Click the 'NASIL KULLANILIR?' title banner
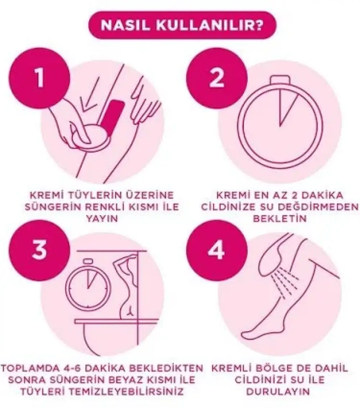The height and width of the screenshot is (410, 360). pyautogui.click(x=182, y=25)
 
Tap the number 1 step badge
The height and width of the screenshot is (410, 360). pyautogui.click(x=40, y=78)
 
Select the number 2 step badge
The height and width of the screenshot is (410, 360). pyautogui.click(x=217, y=78)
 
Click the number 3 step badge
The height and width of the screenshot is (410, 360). pyautogui.click(x=40, y=250)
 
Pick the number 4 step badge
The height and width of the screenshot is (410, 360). pyautogui.click(x=217, y=250)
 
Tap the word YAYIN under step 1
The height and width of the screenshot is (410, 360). pyautogui.click(x=102, y=219)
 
